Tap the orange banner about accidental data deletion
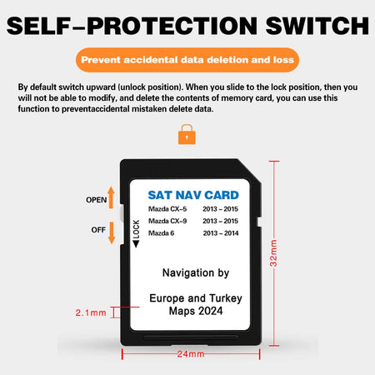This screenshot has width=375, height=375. (x=187, y=60)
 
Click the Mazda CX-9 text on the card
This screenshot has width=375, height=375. (x=167, y=221)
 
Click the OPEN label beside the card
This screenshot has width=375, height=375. (x=97, y=200)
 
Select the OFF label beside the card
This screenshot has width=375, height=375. (x=97, y=229)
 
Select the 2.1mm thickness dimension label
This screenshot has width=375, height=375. (x=91, y=313)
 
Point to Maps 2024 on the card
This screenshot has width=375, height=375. (x=193, y=311)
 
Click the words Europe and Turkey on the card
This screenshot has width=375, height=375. (x=193, y=297)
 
